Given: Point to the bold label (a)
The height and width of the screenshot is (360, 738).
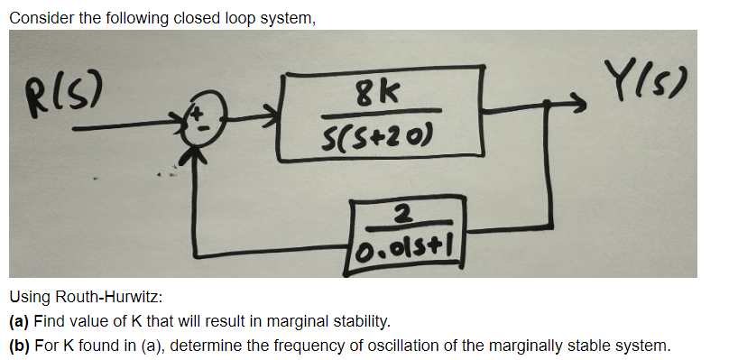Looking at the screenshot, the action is click(x=18, y=320).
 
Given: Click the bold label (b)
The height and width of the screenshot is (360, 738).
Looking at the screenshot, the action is click(x=18, y=345).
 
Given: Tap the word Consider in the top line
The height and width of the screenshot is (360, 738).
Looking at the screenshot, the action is click(x=38, y=14).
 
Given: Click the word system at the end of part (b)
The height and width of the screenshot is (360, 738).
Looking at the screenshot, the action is click(x=646, y=345).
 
